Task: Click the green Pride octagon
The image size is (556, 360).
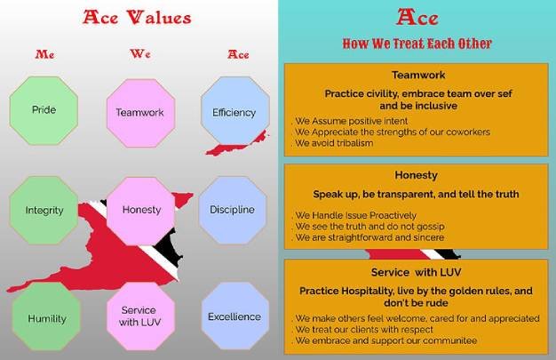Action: pyautogui.click(x=44, y=110)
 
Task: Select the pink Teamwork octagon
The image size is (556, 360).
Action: pyautogui.click(x=140, y=113)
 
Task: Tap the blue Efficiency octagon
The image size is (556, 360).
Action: pyautogui.click(x=234, y=111)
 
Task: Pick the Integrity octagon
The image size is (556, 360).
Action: pyautogui.click(x=44, y=210)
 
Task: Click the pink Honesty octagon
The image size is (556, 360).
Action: pyautogui.click(x=140, y=212)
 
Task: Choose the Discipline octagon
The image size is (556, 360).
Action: pyautogui.click(x=232, y=210)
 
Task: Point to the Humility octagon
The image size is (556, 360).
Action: pyautogui.click(x=46, y=316)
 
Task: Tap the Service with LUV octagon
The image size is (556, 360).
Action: pyautogui.click(x=140, y=316)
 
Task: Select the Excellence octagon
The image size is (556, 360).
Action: pyautogui.click(x=234, y=316)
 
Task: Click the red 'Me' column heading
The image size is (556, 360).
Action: pyautogui.click(x=44, y=54)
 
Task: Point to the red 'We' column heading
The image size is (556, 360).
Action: pyautogui.click(x=140, y=53)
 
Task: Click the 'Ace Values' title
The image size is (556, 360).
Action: pyautogui.click(x=137, y=18)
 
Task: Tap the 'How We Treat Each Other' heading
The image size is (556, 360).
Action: pyautogui.click(x=417, y=44)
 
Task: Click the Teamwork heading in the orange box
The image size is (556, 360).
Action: pyautogui.click(x=418, y=75)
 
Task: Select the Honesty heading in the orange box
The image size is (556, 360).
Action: pyautogui.click(x=417, y=175)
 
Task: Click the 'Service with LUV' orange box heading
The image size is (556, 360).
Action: pyautogui.click(x=417, y=272)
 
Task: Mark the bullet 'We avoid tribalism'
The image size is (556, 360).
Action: pyautogui.click(x=334, y=143)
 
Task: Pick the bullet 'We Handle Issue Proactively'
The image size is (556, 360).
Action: pyautogui.click(x=355, y=215)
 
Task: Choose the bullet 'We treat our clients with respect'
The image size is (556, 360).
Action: pyautogui.click(x=364, y=330)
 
